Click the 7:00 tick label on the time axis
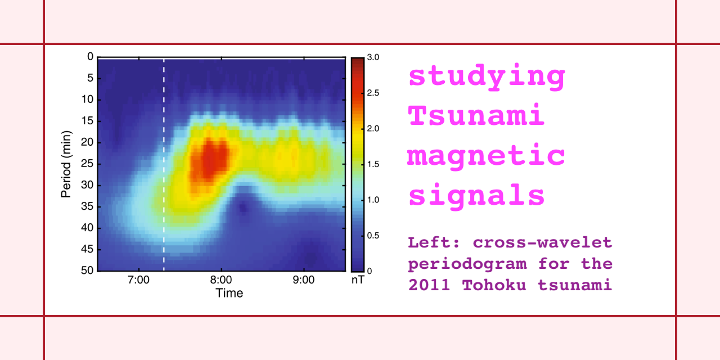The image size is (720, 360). click(138, 280)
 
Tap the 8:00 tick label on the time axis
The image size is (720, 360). click(221, 280)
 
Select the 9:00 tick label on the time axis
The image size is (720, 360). click(304, 280)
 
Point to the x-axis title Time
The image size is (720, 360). click(229, 293)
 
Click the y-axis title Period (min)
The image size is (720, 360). click(66, 164)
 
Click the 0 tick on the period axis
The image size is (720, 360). click(89, 57)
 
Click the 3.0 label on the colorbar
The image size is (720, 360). click(373, 57)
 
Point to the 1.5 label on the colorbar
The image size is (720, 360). click(373, 164)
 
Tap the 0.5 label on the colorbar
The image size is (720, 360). click(373, 235)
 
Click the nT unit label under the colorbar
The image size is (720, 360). click(358, 280)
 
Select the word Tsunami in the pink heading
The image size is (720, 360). click(476, 116)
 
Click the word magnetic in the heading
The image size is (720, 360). click(486, 155)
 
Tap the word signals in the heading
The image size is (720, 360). click(476, 196)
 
